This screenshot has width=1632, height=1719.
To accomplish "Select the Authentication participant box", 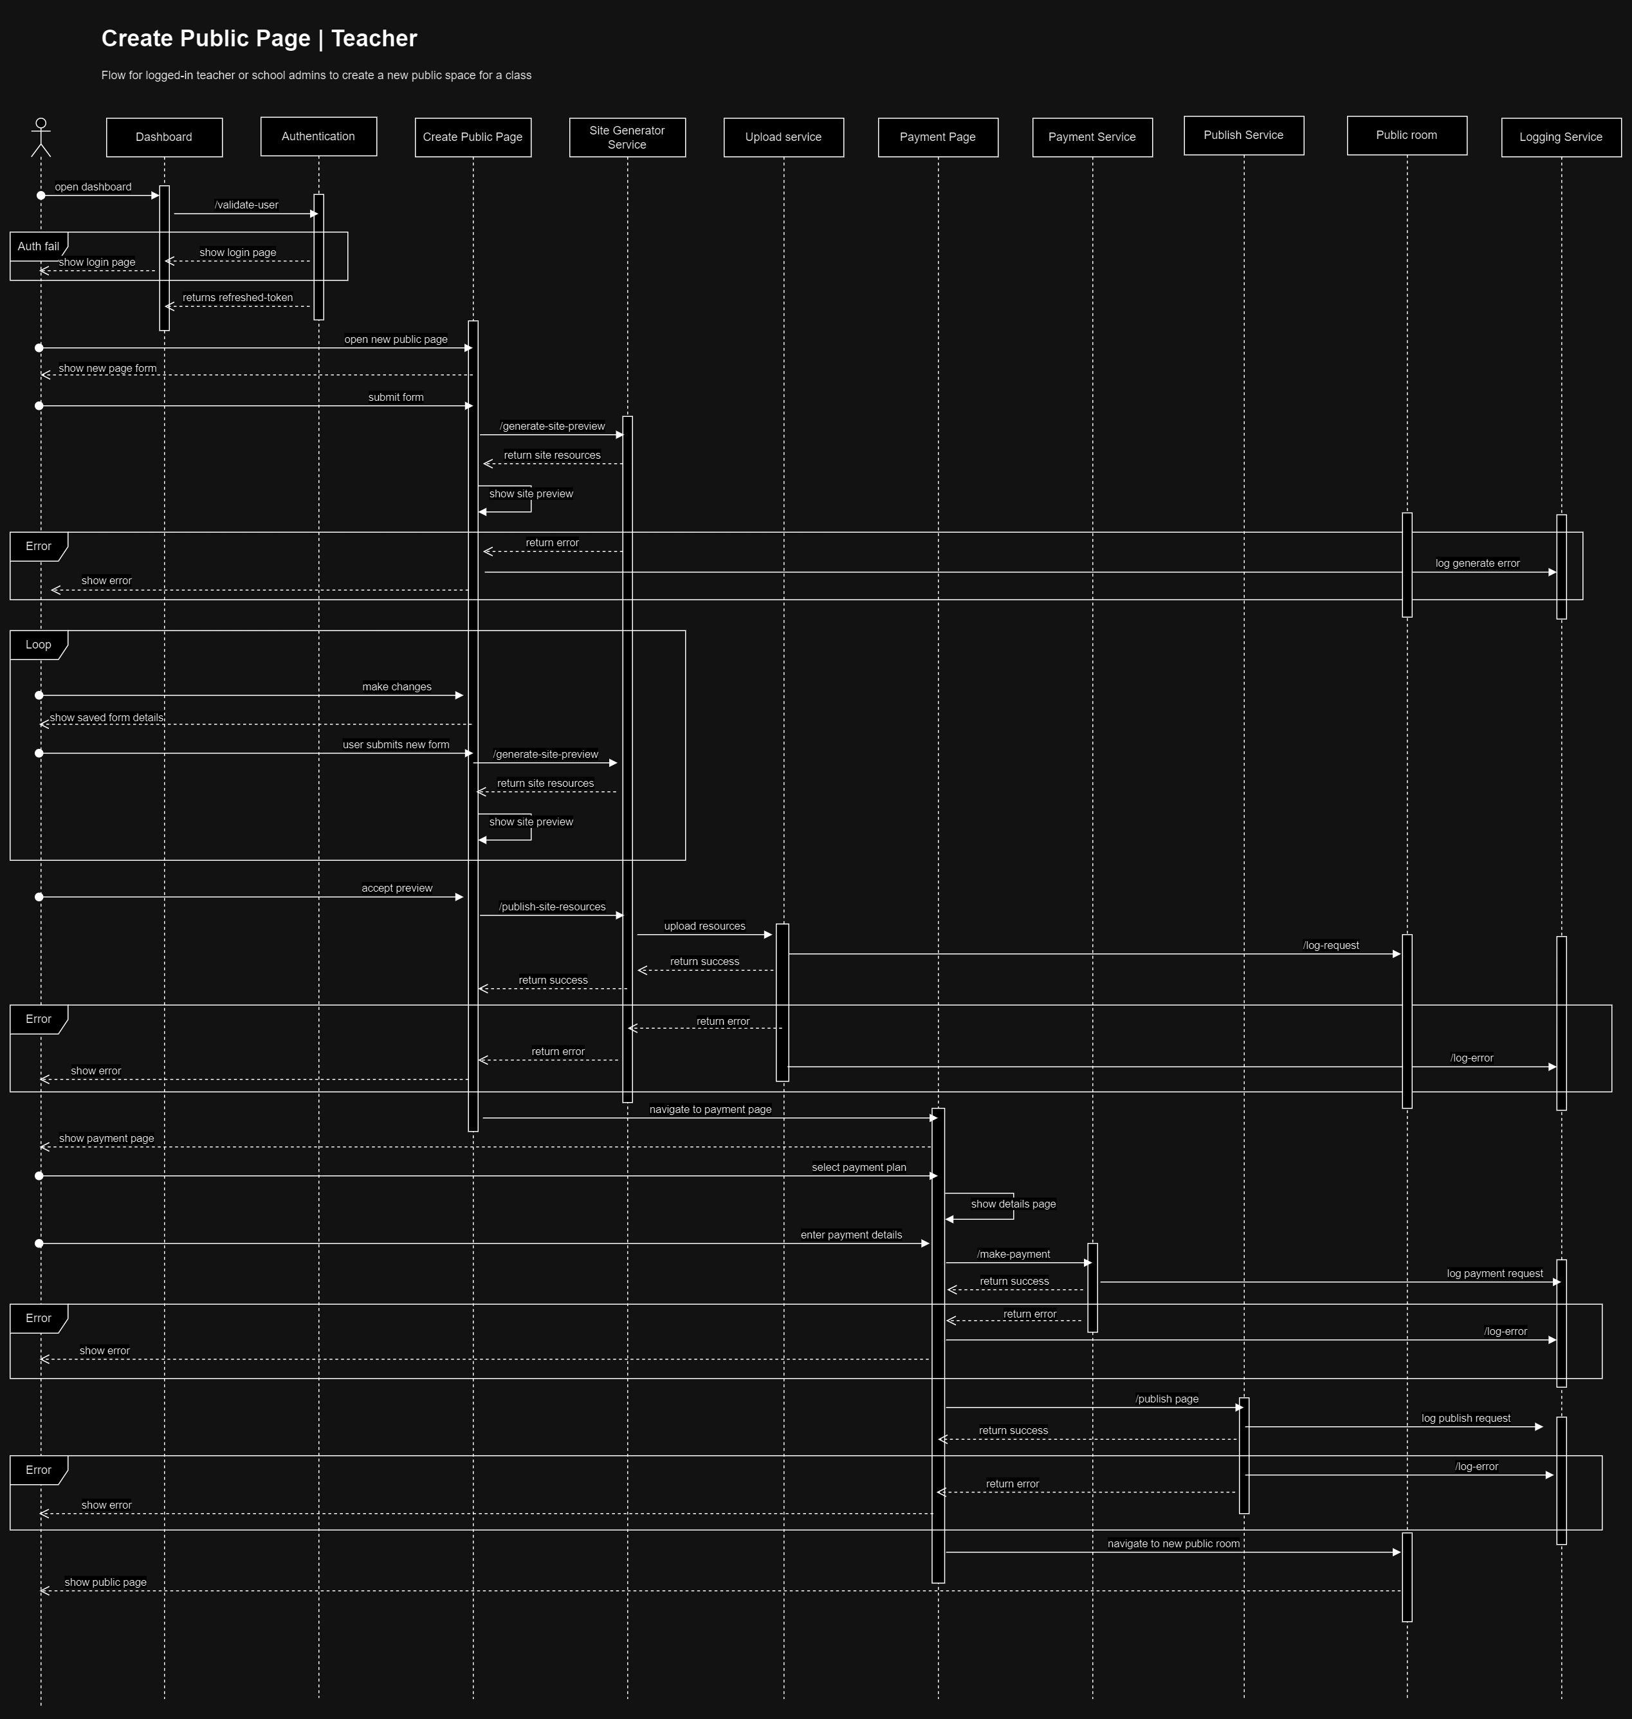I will point(318,136).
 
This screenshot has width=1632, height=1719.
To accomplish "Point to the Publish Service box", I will point(1243,136).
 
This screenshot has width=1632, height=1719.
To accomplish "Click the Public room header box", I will point(1407,136).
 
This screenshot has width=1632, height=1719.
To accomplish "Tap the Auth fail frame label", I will point(39,246).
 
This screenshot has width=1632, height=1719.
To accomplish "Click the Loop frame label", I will point(39,645).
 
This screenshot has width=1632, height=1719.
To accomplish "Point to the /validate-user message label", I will point(246,205).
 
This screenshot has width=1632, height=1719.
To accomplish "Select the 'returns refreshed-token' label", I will point(237,297).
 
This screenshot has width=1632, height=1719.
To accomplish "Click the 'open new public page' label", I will point(396,339).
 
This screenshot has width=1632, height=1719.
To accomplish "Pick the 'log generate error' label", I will point(1477,564).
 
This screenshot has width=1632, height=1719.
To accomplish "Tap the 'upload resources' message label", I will point(704,926).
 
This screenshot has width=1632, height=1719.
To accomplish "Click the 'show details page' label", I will point(1013,1204).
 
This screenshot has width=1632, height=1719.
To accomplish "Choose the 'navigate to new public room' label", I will point(1173,1544).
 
